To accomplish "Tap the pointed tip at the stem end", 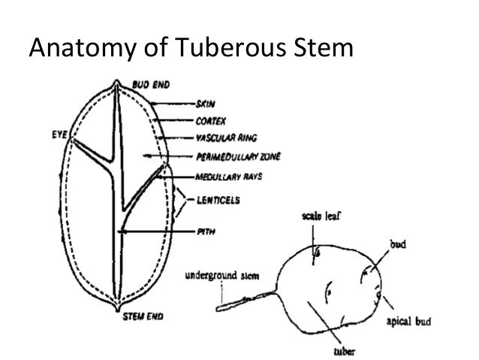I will pos(116,307).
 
